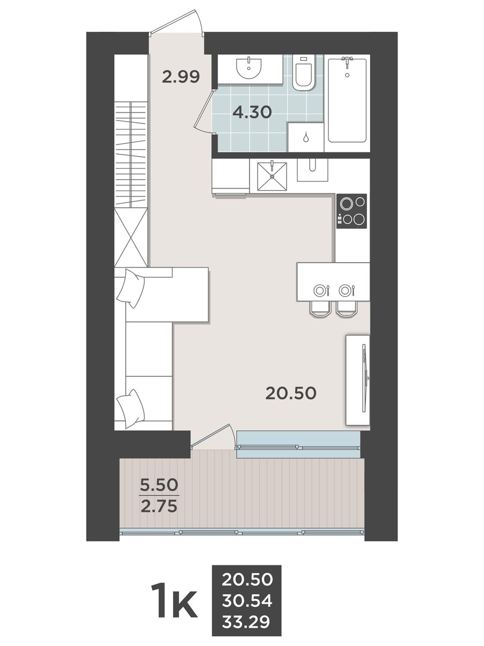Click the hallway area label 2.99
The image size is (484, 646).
tap(181, 77)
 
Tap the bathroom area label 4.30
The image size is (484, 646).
tap(252, 112)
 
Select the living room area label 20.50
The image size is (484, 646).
tap(290, 393)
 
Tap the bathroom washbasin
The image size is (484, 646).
tap(248, 68)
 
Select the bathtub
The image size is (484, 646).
tap(347, 100)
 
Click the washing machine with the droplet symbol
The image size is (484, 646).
tap(305, 137)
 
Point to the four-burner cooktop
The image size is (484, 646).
tap(352, 211)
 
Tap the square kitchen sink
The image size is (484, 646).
tap(272, 176)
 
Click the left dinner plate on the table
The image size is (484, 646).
tap(319, 291)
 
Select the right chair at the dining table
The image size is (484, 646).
tap(347, 310)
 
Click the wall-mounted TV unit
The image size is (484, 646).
tap(358, 380)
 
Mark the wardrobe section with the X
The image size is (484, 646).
tap(131, 237)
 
